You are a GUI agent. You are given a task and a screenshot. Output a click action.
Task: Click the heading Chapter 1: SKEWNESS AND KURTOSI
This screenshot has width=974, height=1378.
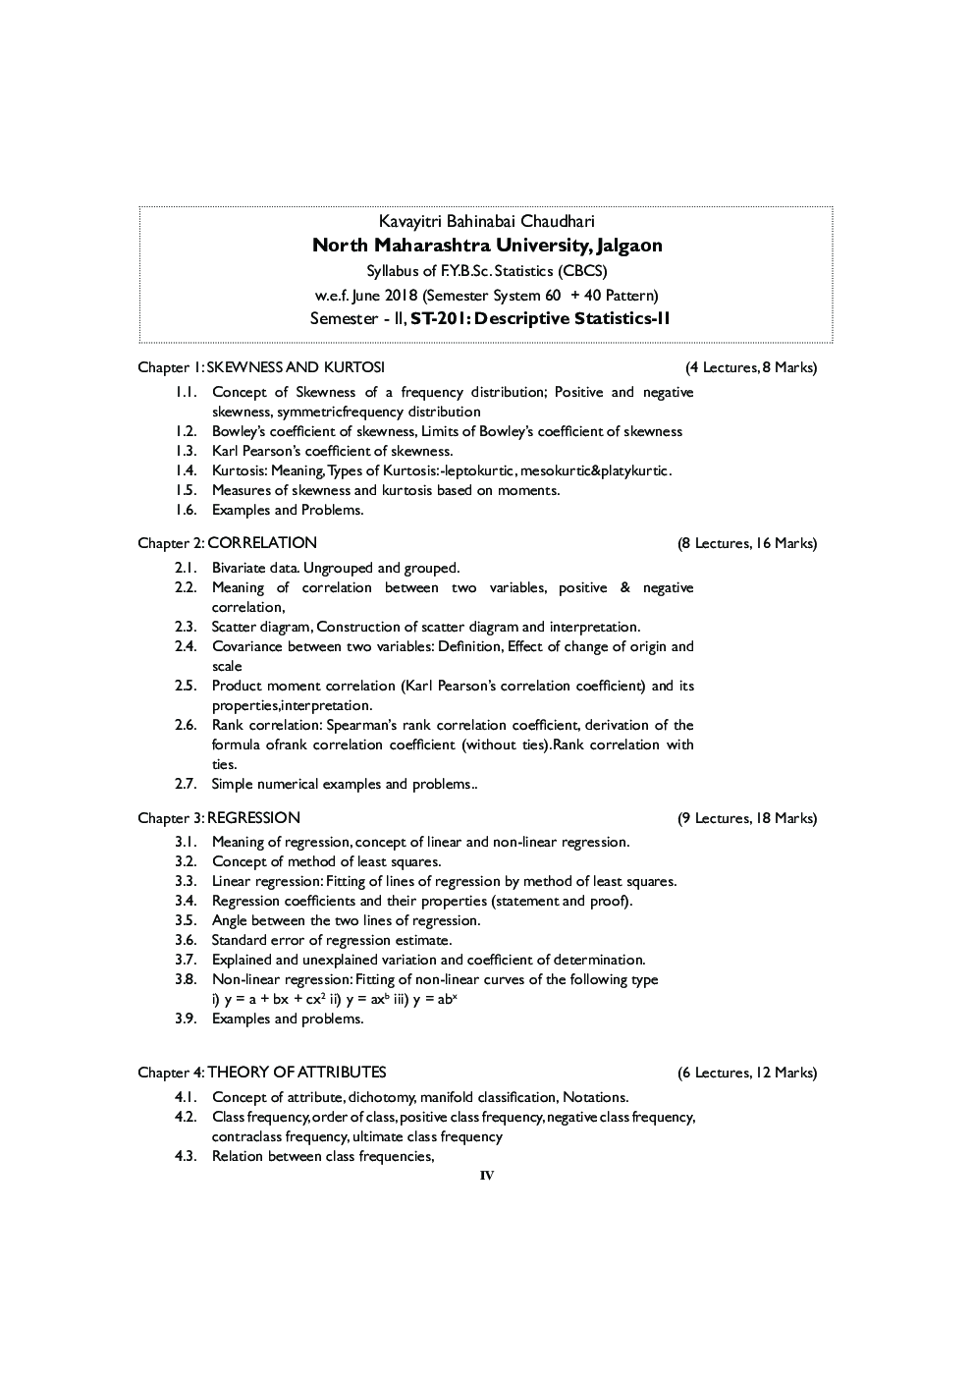pyautogui.click(x=261, y=367)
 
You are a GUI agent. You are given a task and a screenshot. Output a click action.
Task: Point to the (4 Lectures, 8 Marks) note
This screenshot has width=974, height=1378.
pyautogui.click(x=751, y=367)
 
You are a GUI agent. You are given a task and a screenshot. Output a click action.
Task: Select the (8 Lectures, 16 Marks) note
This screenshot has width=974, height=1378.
pyautogui.click(x=747, y=543)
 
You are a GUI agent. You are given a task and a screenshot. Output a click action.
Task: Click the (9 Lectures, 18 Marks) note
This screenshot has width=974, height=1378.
pyautogui.click(x=747, y=818)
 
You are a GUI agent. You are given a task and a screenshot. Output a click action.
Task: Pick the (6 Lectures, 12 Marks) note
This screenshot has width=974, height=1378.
pyautogui.click(x=747, y=1073)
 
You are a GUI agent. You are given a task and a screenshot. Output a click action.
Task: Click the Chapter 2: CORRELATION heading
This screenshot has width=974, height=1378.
pyautogui.click(x=227, y=543)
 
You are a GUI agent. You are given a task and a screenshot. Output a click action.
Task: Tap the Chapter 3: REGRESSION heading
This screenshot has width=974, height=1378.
pyautogui.click(x=219, y=818)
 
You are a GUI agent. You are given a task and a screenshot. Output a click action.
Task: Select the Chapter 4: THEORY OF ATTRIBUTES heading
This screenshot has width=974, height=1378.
pyautogui.click(x=262, y=1073)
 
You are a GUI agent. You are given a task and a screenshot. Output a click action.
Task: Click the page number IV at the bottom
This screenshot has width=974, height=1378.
pyautogui.click(x=487, y=1176)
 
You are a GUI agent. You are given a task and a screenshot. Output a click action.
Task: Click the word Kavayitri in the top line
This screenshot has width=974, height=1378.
pyautogui.click(x=407, y=222)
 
